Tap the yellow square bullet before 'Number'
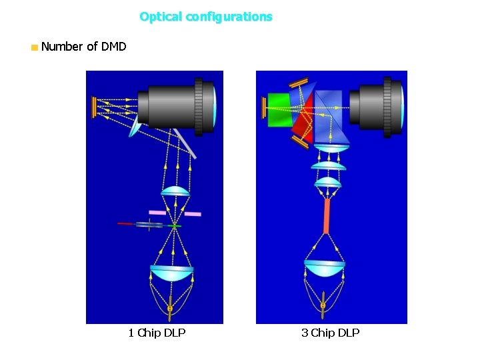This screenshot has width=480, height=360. (x=34, y=47)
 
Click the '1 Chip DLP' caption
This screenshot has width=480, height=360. (x=157, y=333)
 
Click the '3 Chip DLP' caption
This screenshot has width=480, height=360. (x=330, y=333)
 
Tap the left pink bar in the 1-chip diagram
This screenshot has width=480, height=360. (x=157, y=213)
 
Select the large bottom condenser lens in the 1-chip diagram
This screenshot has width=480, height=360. (x=171, y=272)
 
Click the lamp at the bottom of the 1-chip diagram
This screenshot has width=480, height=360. (x=170, y=306)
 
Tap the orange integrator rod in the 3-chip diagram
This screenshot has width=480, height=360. (x=327, y=216)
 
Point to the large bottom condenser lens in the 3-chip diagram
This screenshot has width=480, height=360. (x=325, y=267)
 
